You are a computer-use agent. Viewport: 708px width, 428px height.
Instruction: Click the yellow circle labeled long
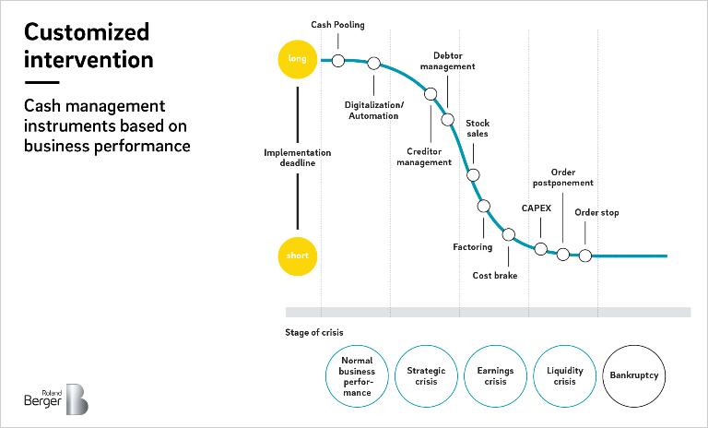[x=297, y=59]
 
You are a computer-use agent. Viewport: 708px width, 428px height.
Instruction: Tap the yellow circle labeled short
[x=297, y=256]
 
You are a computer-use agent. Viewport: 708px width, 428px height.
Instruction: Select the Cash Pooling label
[x=337, y=25]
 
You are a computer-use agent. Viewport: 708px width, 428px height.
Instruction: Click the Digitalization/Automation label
[x=374, y=111]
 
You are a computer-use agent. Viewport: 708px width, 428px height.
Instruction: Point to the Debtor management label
[x=447, y=61]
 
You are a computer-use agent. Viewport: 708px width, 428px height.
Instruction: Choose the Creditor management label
[x=424, y=157]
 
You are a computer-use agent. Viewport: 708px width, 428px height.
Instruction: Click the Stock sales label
[x=478, y=128]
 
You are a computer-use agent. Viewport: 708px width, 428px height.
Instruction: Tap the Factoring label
[x=472, y=247]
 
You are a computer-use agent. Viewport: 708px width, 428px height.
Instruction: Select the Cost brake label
[x=495, y=275]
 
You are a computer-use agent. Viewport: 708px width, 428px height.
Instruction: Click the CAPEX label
[x=537, y=208]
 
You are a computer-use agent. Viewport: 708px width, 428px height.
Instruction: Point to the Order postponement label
[x=563, y=178]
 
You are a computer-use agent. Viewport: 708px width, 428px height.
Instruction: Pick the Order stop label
[x=596, y=212]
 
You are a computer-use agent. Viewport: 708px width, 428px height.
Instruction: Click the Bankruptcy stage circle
[x=634, y=376]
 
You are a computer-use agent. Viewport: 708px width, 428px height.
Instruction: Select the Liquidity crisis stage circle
[x=565, y=376]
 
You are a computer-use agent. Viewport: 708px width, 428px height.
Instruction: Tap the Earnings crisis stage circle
[x=495, y=376]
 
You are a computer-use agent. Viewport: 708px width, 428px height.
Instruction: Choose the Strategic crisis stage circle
[x=426, y=376]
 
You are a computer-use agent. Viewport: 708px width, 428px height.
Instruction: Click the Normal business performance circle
[x=357, y=376]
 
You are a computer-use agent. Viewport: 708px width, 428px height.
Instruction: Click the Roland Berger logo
[x=56, y=398]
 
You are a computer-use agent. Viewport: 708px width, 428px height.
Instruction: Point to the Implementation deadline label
[x=297, y=158]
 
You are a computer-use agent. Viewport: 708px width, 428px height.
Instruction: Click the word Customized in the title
[x=87, y=32]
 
